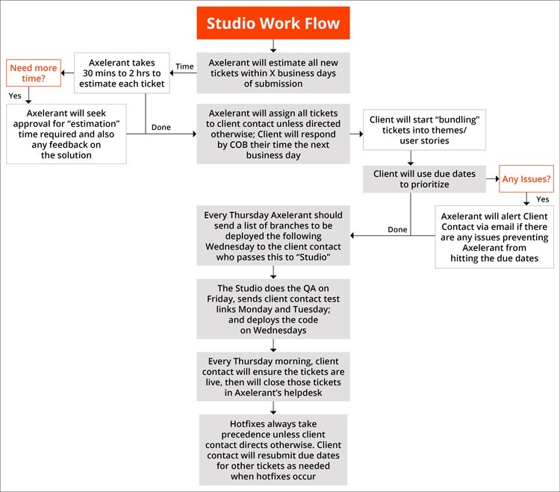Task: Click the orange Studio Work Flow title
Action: [273, 23]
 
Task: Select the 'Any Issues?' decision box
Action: [526, 178]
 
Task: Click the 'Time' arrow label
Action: [184, 66]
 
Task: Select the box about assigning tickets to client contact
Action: [273, 134]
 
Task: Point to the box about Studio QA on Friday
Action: [273, 308]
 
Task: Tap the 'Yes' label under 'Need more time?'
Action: [15, 96]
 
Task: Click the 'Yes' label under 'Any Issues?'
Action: [542, 199]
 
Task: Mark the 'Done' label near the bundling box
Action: [161, 127]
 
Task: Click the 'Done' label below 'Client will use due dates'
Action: [397, 229]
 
